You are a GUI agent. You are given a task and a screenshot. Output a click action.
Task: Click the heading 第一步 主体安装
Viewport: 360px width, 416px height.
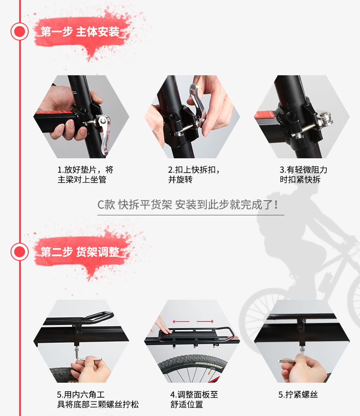pos(80,32)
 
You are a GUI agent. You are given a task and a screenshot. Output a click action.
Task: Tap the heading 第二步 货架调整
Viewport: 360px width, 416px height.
pos(80,252)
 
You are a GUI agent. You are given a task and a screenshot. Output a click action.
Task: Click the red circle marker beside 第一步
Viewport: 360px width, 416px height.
pos(20,31)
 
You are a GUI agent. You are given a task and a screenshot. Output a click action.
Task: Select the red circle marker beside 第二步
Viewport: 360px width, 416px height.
pos(20,251)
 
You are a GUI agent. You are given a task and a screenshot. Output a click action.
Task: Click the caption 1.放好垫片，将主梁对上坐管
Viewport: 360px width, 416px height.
pos(85,175)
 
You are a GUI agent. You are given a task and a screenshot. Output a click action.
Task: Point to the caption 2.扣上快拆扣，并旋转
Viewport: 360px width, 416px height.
pos(194,175)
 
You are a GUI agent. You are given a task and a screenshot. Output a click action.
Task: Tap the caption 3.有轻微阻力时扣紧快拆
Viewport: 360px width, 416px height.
pos(303,175)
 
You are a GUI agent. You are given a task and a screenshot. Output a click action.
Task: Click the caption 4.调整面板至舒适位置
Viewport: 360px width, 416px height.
pos(194,399)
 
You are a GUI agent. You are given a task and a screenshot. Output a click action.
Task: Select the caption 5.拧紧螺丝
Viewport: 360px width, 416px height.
pos(298,395)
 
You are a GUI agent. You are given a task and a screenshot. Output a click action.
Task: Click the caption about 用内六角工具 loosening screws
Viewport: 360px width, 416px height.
pos(98,399)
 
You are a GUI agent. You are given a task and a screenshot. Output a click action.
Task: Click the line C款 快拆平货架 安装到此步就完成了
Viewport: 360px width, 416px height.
pos(188,204)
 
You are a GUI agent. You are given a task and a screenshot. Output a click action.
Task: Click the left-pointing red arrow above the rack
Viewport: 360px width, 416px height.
pos(181,322)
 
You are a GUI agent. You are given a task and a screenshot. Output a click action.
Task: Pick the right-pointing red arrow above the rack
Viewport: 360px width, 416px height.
pos(205,322)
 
